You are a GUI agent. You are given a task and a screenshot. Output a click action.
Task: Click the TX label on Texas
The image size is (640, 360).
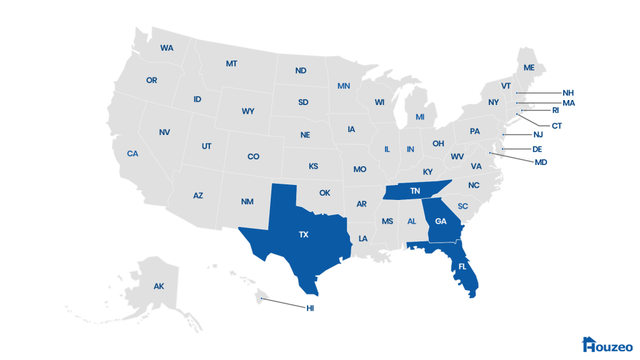click(304, 235)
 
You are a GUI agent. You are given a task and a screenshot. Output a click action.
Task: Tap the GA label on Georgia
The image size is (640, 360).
click(441, 221)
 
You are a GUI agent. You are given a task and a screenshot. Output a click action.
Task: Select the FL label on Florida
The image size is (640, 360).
click(462, 266)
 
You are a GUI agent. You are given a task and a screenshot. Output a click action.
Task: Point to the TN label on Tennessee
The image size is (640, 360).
click(415, 191)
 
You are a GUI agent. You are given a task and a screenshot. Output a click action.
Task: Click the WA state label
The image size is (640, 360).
click(167, 48)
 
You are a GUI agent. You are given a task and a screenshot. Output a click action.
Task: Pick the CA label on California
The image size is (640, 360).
click(132, 153)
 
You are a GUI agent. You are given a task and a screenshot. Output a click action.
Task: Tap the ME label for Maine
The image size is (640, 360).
click(529, 67)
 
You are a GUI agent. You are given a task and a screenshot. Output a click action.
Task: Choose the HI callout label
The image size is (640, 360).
click(310, 308)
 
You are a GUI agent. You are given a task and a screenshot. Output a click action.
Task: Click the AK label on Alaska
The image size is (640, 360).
click(159, 286)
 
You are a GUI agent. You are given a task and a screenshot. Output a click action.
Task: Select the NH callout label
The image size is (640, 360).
click(567, 93)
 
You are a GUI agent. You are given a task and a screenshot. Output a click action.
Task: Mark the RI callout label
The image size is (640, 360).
click(555, 111)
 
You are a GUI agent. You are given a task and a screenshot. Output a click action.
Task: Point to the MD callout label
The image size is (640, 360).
click(541, 162)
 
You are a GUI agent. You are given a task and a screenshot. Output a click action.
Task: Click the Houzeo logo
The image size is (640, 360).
click(607, 345)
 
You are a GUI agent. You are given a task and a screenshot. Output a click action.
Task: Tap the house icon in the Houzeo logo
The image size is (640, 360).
click(588, 344)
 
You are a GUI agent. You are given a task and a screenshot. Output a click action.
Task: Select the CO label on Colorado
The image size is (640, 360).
click(253, 157)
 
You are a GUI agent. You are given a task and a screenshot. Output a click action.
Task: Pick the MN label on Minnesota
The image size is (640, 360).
click(344, 86)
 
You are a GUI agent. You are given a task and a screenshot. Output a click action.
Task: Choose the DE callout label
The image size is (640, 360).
click(537, 149)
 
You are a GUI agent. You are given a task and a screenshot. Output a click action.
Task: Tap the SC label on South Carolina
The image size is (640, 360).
click(463, 206)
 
